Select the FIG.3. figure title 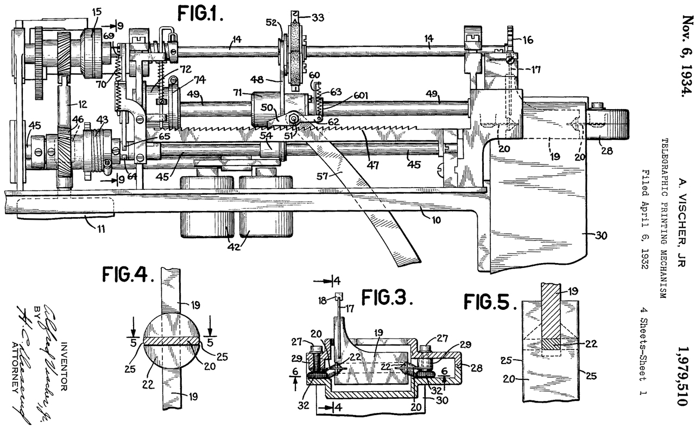pyautogui.click(x=388, y=298)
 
